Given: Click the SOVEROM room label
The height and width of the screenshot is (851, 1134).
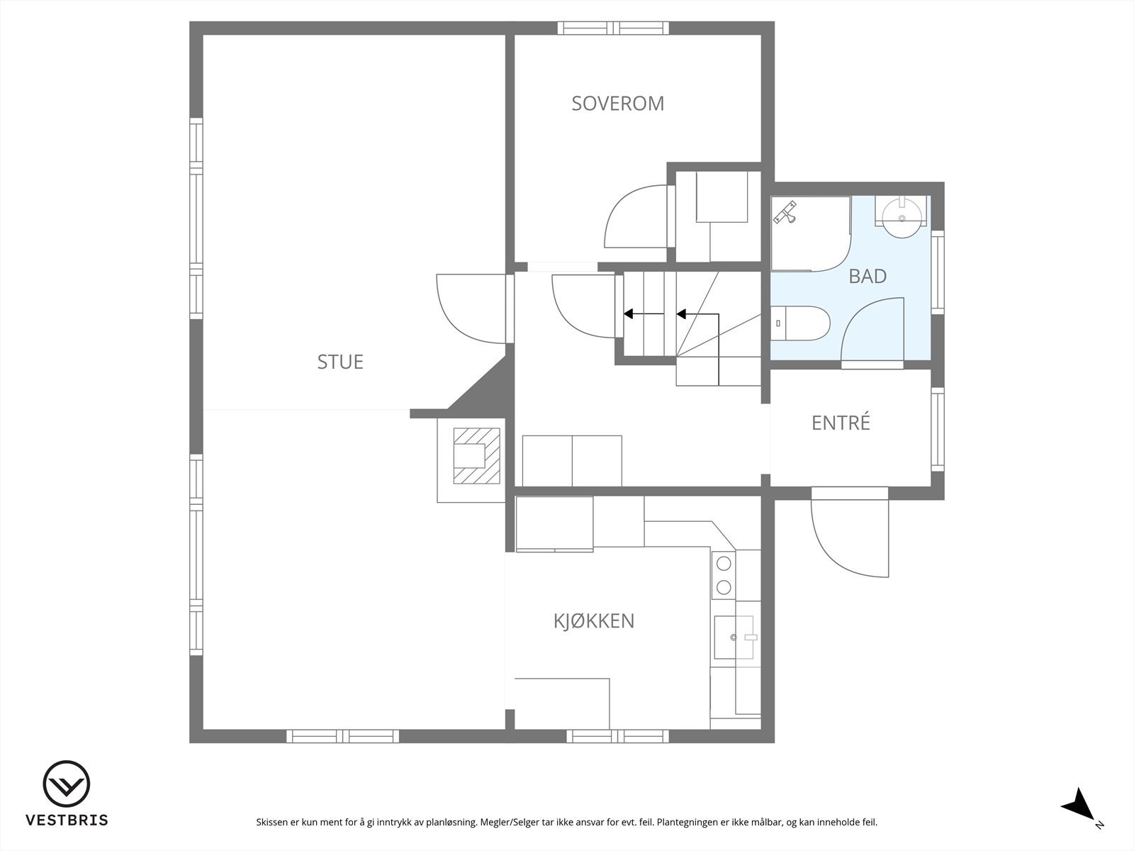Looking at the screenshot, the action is (x=617, y=104).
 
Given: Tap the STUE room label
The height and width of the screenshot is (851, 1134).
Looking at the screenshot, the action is (x=340, y=362).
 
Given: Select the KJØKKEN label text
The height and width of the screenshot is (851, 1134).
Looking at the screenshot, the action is (x=594, y=621).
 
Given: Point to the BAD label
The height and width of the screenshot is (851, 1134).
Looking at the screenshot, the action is (x=868, y=277).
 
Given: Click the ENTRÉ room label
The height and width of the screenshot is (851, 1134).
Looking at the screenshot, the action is (x=841, y=423).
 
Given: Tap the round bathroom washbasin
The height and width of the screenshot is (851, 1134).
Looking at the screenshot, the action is (x=902, y=218).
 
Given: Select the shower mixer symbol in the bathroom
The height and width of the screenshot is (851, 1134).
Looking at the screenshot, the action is (x=785, y=212).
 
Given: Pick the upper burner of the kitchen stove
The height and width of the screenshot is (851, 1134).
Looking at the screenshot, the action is (x=724, y=563).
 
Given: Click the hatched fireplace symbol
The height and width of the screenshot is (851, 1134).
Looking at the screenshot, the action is (x=476, y=456).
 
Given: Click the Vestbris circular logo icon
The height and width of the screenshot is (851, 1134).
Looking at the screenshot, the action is (x=66, y=784).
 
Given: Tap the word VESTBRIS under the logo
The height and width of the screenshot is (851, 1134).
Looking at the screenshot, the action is (x=67, y=820).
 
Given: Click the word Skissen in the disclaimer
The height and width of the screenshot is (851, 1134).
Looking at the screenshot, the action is (x=272, y=822).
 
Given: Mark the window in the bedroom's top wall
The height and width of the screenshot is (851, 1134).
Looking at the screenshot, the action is (x=613, y=28).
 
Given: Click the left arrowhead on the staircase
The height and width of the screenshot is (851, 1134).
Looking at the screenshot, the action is (x=629, y=313).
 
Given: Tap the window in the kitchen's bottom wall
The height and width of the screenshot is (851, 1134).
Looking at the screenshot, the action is (x=617, y=736).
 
